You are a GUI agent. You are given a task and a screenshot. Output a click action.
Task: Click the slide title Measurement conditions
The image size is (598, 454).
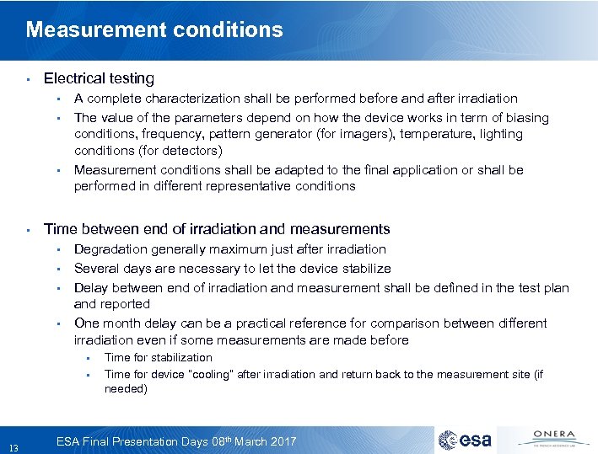pos(154,30)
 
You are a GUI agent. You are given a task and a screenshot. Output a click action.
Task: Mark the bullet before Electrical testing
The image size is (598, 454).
pos(28,79)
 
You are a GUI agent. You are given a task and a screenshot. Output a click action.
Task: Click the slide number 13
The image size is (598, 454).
pos(12,446)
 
